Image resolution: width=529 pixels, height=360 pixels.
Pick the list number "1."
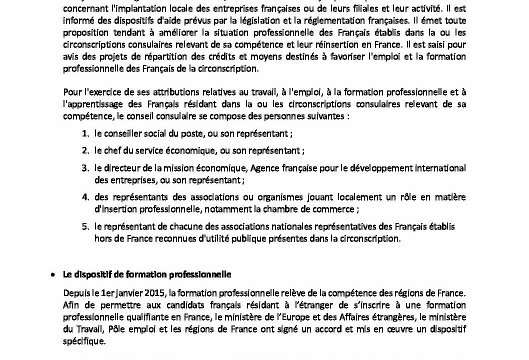point(85,134)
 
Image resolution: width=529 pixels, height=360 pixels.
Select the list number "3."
point(85,168)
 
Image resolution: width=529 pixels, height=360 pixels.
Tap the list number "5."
point(85,226)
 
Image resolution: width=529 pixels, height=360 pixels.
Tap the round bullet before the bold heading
point(53,275)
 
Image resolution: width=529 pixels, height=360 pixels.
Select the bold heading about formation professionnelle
point(146,274)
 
